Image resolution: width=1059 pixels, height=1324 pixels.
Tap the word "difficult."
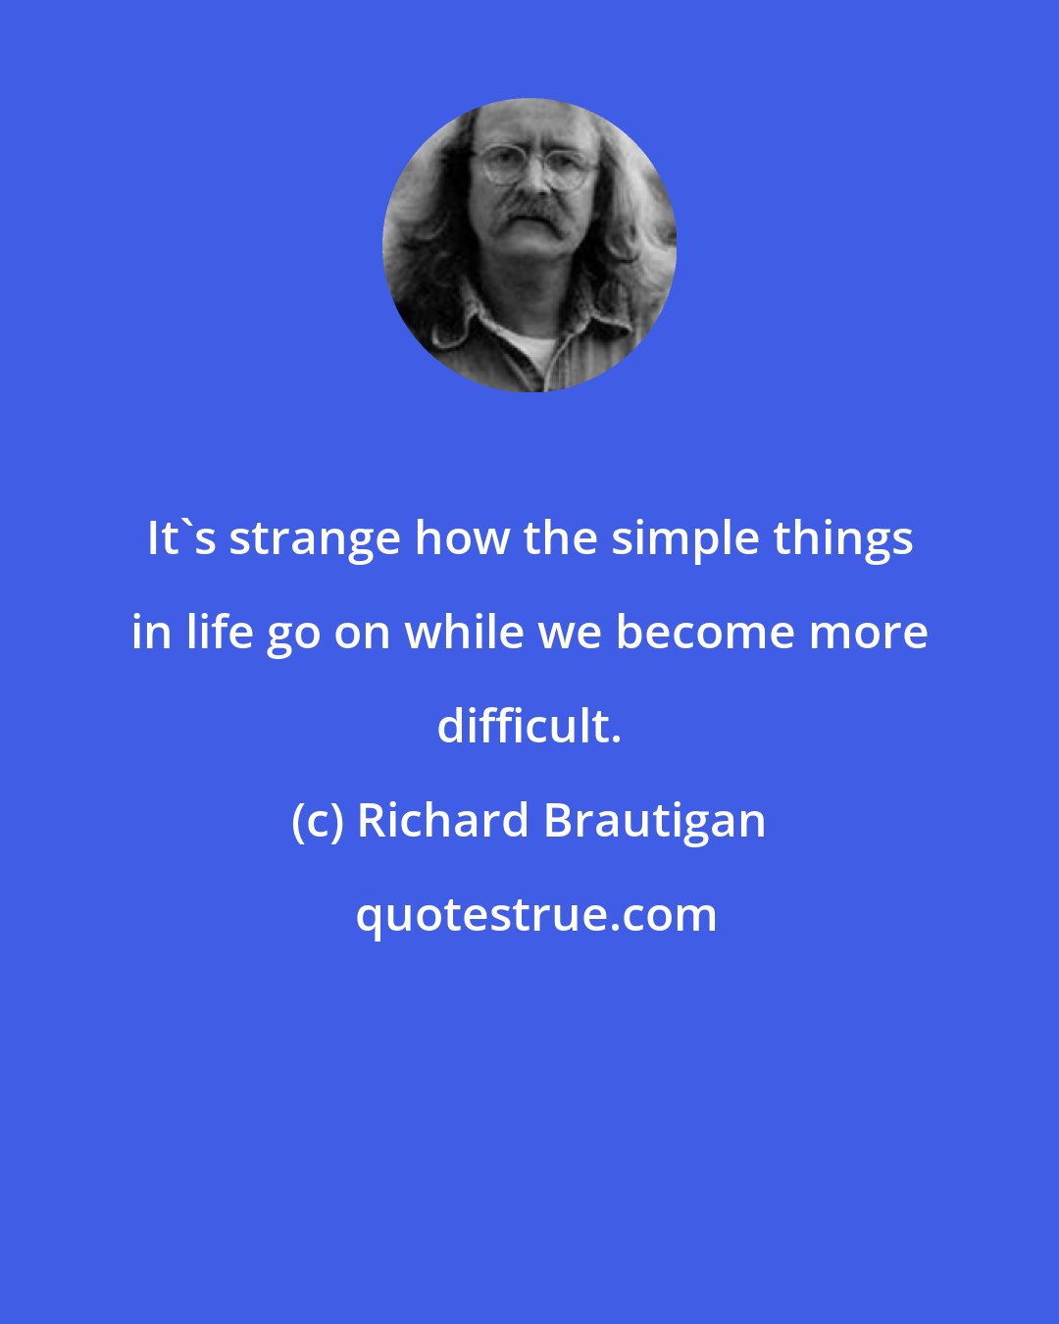[x=529, y=727]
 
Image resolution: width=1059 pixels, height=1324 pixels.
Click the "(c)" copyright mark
[x=316, y=821]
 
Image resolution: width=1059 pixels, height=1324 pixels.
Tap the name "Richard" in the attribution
[x=442, y=821]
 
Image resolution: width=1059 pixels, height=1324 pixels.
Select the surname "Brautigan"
[x=653, y=821]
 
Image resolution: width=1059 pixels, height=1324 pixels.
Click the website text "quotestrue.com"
[x=535, y=915]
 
